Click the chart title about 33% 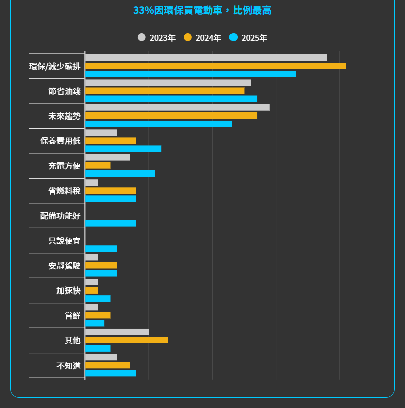202,10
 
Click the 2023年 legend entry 157,38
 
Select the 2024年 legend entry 203,38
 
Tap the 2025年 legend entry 249,38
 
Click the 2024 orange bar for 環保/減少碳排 215,66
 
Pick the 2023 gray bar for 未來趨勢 177,107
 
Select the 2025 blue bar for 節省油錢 171,99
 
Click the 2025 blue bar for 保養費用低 123,149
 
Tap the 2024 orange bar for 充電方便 98,165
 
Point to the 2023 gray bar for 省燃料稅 92,182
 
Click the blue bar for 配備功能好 110,223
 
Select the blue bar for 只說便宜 101,249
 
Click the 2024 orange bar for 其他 127,340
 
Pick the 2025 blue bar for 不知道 110,373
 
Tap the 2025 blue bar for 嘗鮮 95,323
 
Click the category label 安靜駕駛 65,265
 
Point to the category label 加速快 69,290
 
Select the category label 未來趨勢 65,116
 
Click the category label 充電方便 65,166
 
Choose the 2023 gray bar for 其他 117,332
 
